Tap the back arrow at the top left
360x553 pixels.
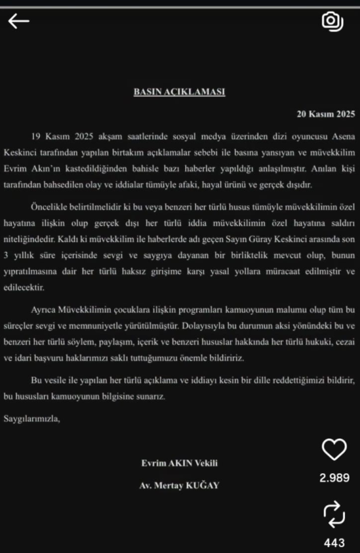18,22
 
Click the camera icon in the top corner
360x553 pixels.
332,22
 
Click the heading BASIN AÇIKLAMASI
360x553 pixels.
179,92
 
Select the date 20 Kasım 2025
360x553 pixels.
325,113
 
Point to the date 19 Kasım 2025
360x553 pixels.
60,136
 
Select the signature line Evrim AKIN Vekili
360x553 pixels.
179,463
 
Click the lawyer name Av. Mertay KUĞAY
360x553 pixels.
179,487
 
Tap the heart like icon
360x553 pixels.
334,450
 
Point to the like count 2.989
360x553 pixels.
334,478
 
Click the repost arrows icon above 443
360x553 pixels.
334,514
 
